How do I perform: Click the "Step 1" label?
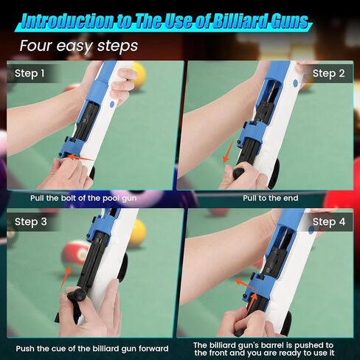[30, 73]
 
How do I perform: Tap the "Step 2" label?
[328, 73]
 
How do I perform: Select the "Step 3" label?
[31, 222]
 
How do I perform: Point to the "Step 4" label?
[329, 222]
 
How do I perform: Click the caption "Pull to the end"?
[271, 198]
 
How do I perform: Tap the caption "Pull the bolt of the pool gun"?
[83, 198]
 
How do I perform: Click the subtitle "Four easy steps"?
[79, 46]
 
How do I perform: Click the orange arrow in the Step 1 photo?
[80, 158]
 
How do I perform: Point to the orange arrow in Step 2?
[228, 151]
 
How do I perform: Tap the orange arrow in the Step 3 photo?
[65, 278]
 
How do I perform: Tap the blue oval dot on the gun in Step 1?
[112, 104]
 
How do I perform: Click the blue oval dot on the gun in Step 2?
[295, 83]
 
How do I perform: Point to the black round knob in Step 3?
[80, 294]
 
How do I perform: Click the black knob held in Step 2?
[238, 172]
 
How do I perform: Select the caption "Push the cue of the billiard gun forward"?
[92, 349]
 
